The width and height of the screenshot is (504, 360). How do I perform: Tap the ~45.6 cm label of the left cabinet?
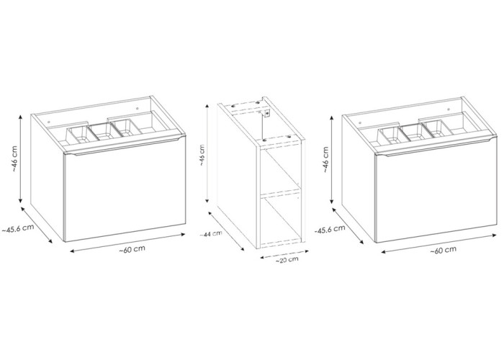[x=18, y=228]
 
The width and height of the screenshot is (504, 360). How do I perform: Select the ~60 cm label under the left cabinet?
[x=132, y=249]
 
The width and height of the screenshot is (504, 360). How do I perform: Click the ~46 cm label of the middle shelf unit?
[x=202, y=155]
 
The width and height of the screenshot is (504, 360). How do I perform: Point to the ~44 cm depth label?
[x=210, y=234]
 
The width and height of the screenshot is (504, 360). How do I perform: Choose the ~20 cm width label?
[x=287, y=260]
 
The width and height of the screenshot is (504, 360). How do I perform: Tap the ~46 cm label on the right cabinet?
[x=327, y=160]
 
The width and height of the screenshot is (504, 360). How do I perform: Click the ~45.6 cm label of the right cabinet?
[x=330, y=229]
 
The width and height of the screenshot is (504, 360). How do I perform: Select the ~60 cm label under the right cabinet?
[x=444, y=250]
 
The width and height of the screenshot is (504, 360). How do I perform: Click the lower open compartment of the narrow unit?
[x=280, y=220]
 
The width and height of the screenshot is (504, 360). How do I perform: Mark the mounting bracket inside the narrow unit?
[x=266, y=113]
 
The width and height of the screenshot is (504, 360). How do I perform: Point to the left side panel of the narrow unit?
[x=237, y=176]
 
